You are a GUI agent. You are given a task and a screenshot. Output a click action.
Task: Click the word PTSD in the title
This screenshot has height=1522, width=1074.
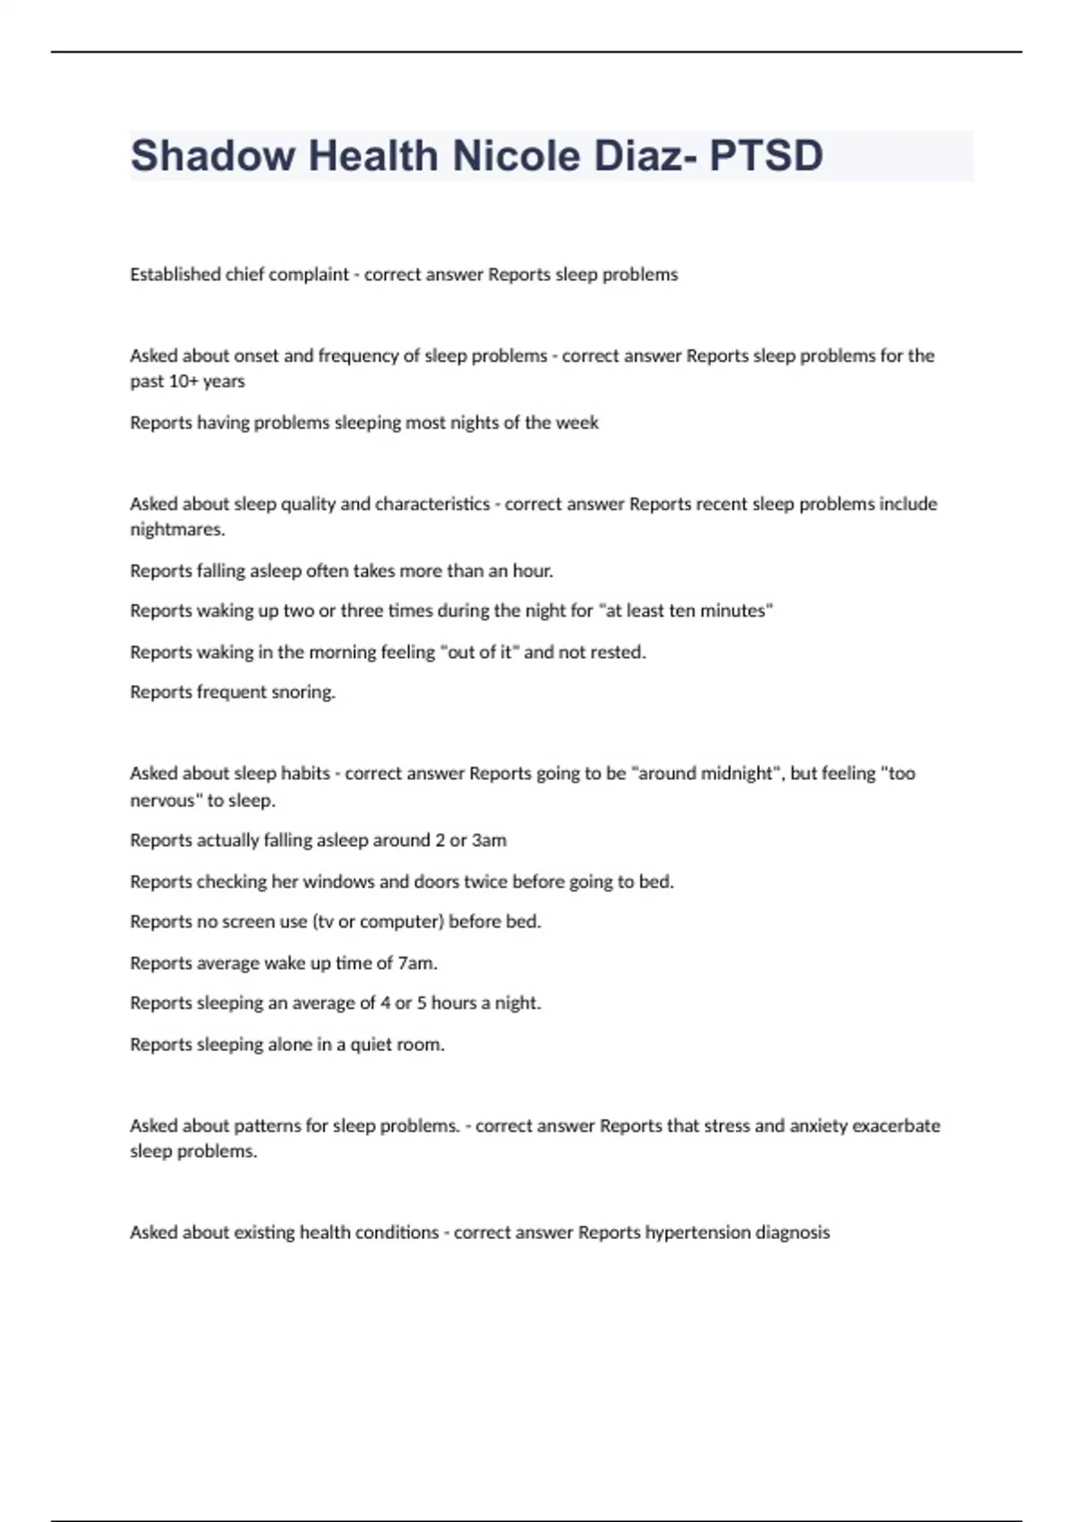pyautogui.click(x=766, y=156)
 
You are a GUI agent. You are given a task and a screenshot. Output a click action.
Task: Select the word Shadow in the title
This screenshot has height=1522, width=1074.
pyautogui.click(x=213, y=156)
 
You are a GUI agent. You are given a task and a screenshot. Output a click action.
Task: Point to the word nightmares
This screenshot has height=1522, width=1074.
pyautogui.click(x=176, y=530)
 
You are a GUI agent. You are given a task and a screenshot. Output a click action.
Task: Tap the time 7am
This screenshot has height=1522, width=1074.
pyautogui.click(x=417, y=963)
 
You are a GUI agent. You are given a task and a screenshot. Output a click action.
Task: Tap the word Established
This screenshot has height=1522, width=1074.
pyautogui.click(x=175, y=275)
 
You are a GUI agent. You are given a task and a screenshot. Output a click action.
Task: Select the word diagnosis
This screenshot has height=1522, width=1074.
pyautogui.click(x=792, y=1233)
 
